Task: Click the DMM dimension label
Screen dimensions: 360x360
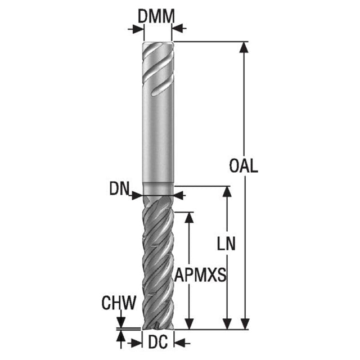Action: click(x=156, y=16)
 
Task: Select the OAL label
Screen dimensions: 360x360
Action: click(x=244, y=166)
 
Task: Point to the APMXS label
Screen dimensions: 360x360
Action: click(x=200, y=275)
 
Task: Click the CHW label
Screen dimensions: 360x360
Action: click(x=119, y=303)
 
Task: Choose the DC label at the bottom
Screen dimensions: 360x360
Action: click(x=158, y=343)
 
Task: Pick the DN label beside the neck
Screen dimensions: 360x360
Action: click(x=119, y=188)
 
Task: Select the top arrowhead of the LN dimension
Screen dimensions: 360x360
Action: click(x=227, y=192)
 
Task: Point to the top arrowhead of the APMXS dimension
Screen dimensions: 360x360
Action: click(x=189, y=218)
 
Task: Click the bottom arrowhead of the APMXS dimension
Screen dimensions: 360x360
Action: click(x=189, y=324)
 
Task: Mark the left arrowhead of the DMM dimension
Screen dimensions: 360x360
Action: click(x=138, y=29)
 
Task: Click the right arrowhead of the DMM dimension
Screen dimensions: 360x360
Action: click(x=177, y=29)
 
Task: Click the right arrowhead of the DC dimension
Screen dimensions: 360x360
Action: click(x=180, y=344)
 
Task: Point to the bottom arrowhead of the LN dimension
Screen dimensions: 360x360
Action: click(x=227, y=324)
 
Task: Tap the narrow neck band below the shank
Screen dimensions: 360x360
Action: click(x=158, y=189)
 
